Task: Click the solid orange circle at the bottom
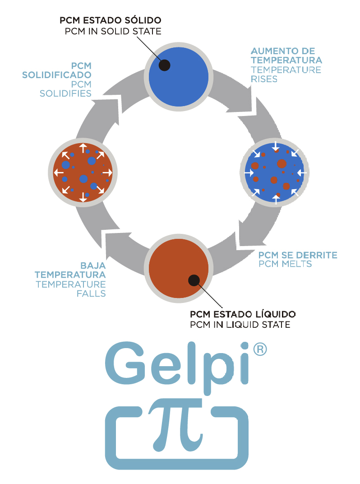pos(179,266)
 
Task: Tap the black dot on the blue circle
pos(165,65)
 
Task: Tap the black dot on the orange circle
pos(194,280)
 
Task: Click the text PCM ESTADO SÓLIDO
pos(111,21)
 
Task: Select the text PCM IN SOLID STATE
pos(113,31)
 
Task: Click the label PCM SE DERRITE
pos(298,255)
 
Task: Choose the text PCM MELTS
pos(285,264)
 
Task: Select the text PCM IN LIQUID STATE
pos(240,325)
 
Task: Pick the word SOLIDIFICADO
pos(57,74)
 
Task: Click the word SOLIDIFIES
pos(66,93)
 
